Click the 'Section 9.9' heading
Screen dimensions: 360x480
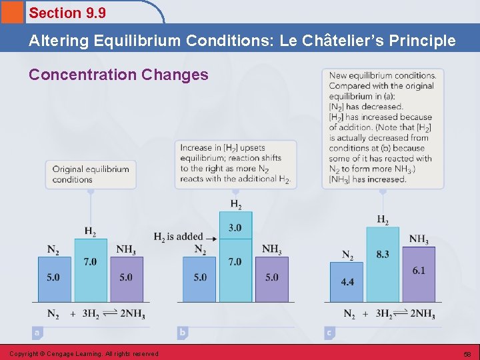tap(67, 13)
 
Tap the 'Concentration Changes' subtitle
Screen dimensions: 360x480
tap(118, 74)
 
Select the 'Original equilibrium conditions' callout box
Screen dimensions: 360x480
tap(91, 174)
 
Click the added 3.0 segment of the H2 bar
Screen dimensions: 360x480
tap(235, 228)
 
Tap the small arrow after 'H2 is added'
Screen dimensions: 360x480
tap(212, 237)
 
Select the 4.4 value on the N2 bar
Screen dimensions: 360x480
tap(347, 282)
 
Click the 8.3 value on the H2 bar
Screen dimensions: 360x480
tap(383, 254)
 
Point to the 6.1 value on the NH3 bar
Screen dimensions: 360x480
tap(419, 271)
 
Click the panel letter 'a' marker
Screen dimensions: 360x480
tap(37, 331)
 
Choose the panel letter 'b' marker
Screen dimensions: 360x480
tap(183, 331)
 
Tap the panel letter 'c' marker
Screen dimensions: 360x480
tap(329, 331)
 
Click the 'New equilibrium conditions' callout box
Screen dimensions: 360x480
tap(382, 127)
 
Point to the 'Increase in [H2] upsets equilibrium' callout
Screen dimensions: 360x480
tap(235, 163)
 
